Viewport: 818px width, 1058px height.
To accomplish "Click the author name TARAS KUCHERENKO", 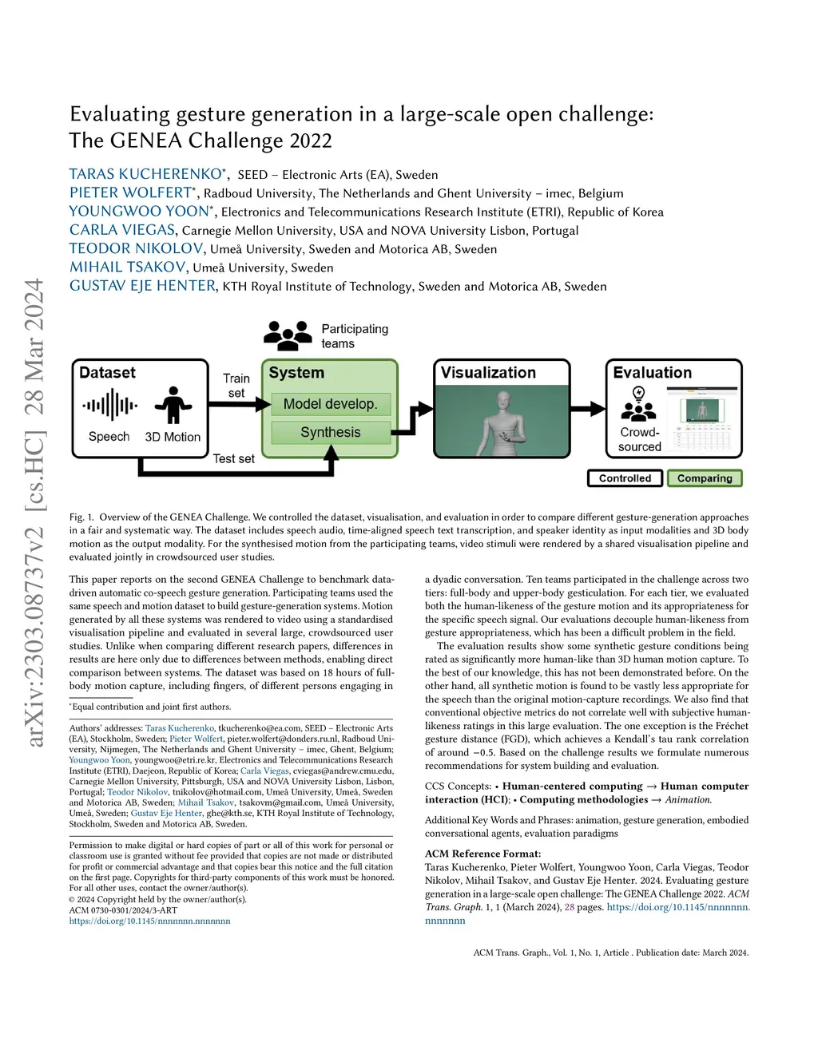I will click(145, 174).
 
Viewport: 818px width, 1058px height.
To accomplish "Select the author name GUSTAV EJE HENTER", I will click(142, 286).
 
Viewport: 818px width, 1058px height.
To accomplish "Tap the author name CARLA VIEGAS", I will click(121, 230).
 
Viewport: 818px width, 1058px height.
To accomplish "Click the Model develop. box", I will click(330, 404).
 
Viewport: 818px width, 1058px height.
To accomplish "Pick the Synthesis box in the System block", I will click(330, 433).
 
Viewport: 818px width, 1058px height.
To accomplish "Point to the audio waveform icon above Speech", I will click(109, 406).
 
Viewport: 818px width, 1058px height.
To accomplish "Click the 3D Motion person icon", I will click(173, 406).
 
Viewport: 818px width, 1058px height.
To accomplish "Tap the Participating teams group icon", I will click(288, 335).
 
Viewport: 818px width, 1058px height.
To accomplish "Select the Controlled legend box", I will click(625, 478).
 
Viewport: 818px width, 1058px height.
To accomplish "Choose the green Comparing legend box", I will click(705, 478).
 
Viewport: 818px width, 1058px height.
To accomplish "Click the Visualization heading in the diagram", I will click(488, 373).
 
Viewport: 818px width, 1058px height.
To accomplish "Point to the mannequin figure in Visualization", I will click(502, 423).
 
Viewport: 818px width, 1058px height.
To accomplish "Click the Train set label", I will click(236, 385).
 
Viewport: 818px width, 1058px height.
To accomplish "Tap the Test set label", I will click(233, 458).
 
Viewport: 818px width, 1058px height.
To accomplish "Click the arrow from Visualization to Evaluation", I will click(588, 410).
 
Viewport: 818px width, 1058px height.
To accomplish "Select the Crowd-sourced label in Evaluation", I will click(639, 439).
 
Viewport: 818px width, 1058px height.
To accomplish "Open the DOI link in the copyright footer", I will click(149, 921).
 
